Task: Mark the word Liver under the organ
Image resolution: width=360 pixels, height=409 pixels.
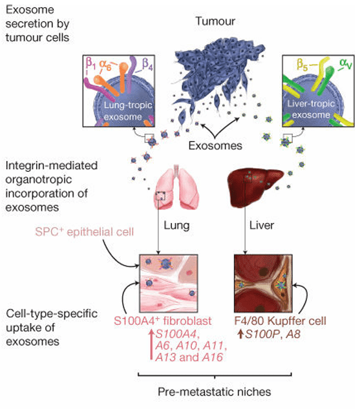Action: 261,229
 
